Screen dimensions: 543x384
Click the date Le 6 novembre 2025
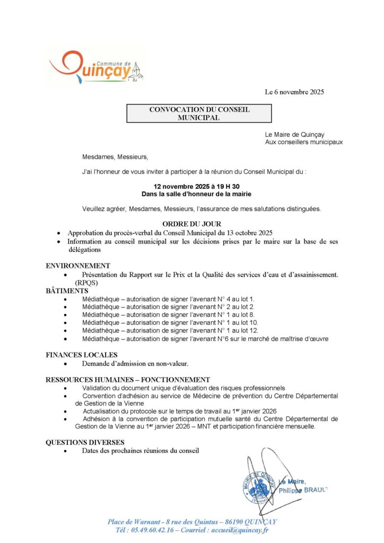(294, 92)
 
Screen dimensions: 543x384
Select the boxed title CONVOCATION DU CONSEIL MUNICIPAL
(199, 113)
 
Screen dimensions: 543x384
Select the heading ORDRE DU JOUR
(191, 224)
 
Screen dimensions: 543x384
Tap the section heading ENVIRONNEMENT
(78, 266)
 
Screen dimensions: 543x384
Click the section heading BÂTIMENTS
(66, 291)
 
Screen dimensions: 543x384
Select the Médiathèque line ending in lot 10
(170, 322)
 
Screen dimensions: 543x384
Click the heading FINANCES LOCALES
(82, 355)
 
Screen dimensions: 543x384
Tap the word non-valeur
(172, 364)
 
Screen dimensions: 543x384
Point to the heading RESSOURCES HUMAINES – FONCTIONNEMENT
(127, 380)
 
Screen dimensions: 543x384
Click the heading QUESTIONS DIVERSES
(85, 442)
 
